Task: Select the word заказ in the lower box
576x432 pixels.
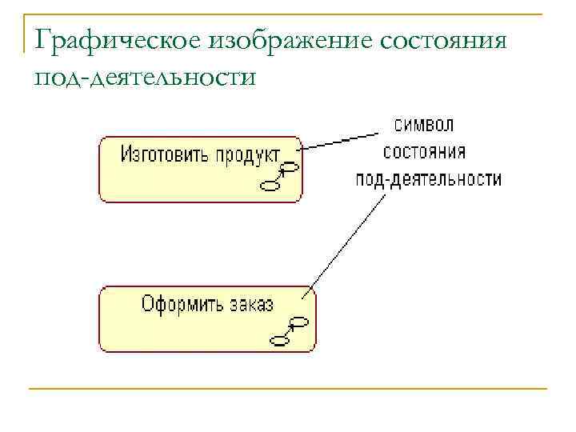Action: coord(250,304)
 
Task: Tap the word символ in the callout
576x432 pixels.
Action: coord(424,126)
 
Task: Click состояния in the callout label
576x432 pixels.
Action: coord(424,152)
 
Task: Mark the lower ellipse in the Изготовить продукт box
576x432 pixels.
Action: coord(270,186)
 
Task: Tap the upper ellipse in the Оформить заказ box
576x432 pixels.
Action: coord(299,322)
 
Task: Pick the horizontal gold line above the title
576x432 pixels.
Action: coord(288,14)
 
